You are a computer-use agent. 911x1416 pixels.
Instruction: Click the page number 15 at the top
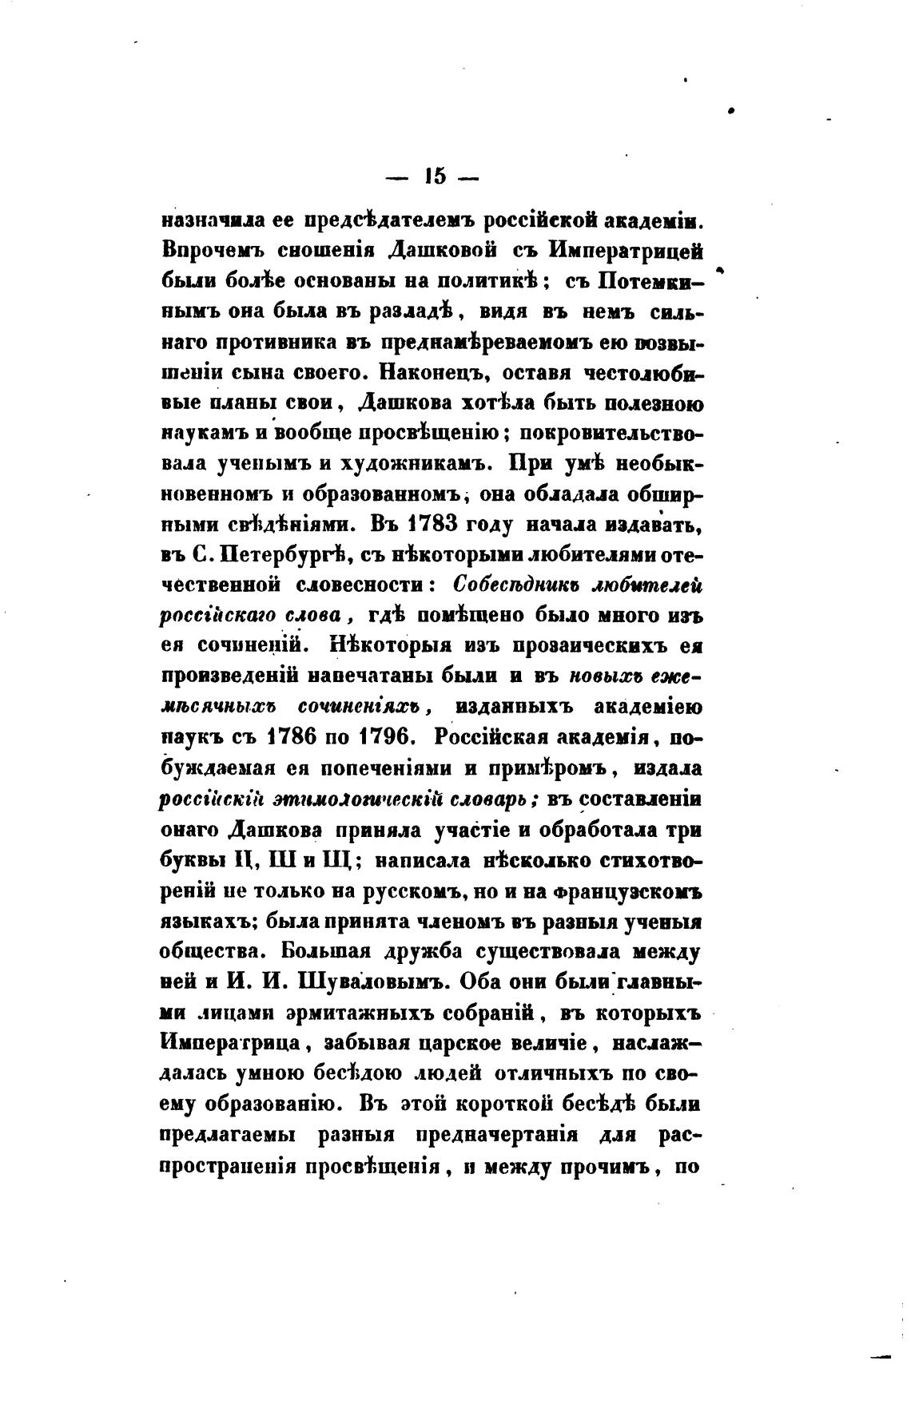(x=432, y=177)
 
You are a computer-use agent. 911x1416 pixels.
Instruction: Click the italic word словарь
(x=467, y=799)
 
